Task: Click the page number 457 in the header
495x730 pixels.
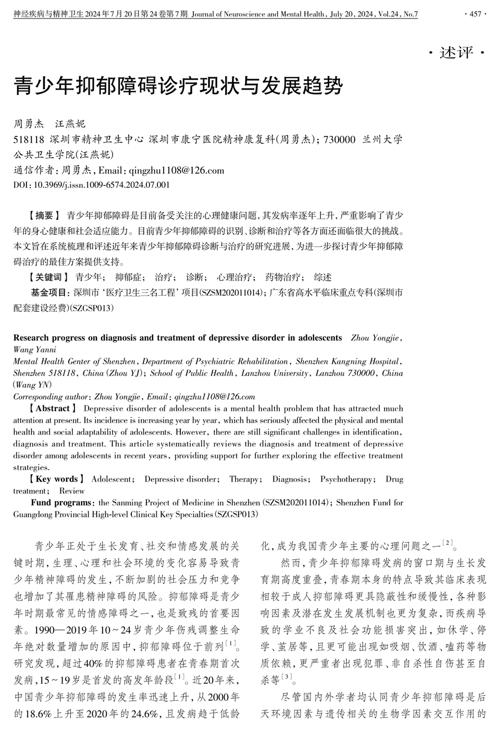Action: tap(475, 14)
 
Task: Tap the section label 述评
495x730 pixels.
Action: tap(456, 53)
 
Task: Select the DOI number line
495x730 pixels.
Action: tap(92, 184)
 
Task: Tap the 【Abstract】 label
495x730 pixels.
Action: tap(53, 408)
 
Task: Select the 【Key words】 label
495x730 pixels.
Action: tap(56, 479)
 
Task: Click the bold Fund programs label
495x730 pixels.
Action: tap(61, 502)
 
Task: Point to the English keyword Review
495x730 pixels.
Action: tap(72, 490)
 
